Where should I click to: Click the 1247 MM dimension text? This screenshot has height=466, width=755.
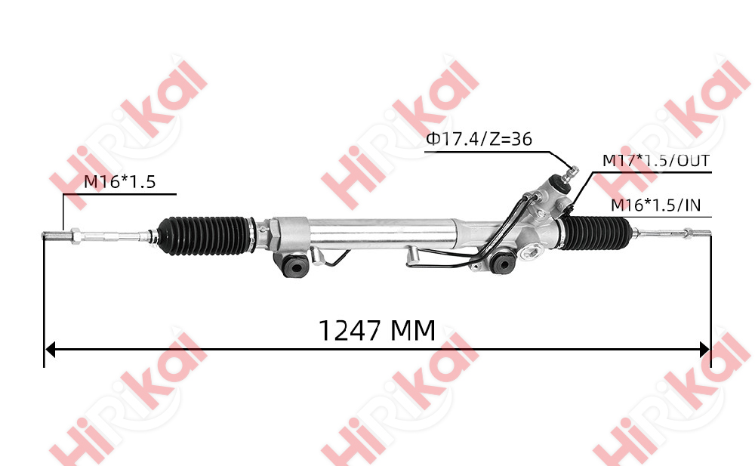377,330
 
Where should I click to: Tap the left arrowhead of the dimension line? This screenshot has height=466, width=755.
51,350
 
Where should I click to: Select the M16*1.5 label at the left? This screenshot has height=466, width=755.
119,182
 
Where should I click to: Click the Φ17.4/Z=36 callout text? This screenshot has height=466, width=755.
478,140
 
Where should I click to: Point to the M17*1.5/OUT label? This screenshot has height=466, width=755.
655,161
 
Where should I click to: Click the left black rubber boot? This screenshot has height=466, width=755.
206,232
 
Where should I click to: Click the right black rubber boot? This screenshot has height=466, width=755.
602,231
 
